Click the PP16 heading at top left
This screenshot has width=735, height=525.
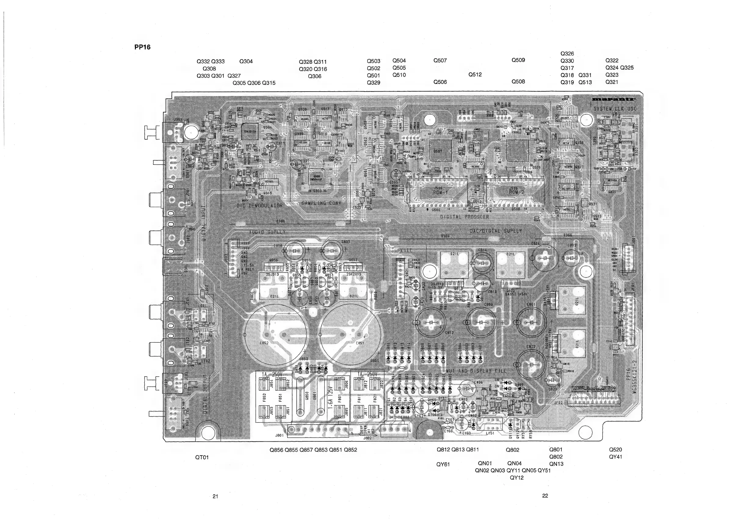point(142,47)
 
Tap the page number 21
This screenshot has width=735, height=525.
point(215,496)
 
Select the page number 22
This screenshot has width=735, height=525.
point(545,496)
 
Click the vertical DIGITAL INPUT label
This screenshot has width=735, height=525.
point(204,223)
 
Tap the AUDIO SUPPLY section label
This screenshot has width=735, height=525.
point(267,232)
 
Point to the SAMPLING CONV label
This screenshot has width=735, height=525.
point(321,203)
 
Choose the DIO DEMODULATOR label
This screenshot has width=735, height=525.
point(259,206)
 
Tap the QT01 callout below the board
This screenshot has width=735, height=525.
point(202,458)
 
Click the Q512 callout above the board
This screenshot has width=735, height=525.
point(475,75)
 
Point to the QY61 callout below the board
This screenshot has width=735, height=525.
point(443,465)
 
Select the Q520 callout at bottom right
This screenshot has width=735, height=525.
point(615,450)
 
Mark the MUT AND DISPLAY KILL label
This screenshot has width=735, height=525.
point(476,371)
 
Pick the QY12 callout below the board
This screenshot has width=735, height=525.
point(516,478)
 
